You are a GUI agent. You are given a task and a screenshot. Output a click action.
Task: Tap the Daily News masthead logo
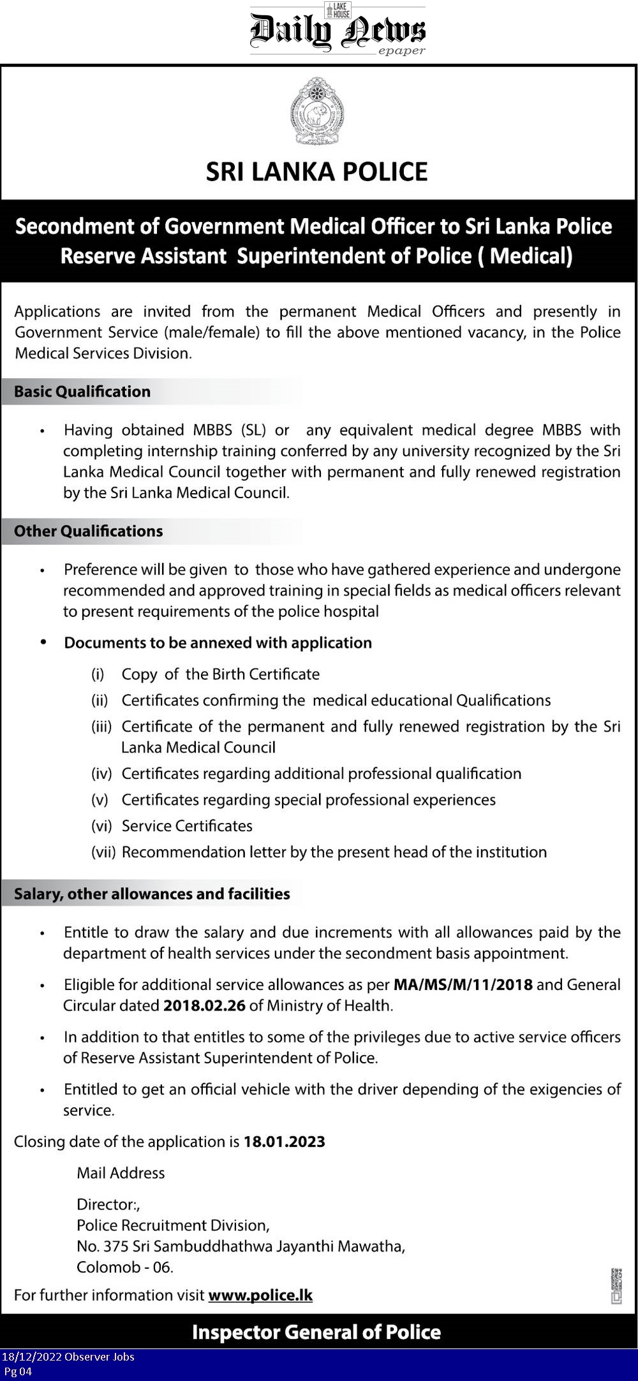click(338, 30)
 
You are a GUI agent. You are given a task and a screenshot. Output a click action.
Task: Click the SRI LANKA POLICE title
click(316, 172)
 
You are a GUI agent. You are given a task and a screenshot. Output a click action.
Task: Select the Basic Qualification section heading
click(82, 392)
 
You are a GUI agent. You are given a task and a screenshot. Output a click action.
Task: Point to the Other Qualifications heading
click(89, 531)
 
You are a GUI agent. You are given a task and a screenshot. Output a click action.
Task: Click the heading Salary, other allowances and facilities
click(152, 894)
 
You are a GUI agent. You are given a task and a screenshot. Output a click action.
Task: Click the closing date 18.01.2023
click(285, 1142)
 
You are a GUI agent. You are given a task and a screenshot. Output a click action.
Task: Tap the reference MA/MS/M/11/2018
click(463, 984)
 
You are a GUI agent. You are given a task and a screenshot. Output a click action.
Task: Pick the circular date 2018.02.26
click(204, 1005)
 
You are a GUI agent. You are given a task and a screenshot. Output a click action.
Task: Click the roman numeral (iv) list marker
click(101, 774)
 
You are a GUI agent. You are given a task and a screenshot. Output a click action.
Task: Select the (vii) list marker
click(103, 852)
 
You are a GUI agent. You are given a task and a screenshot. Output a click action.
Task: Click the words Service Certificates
click(187, 826)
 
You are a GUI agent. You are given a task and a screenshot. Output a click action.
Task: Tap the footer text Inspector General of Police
click(316, 1333)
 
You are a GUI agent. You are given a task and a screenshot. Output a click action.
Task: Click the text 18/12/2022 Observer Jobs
click(68, 1357)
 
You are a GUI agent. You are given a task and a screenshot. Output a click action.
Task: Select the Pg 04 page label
click(18, 1371)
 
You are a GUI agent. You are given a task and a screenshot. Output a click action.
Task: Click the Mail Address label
click(121, 1173)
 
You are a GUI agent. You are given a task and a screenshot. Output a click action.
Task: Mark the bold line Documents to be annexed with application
click(218, 643)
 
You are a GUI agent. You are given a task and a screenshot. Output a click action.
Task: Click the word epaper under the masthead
click(401, 51)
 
